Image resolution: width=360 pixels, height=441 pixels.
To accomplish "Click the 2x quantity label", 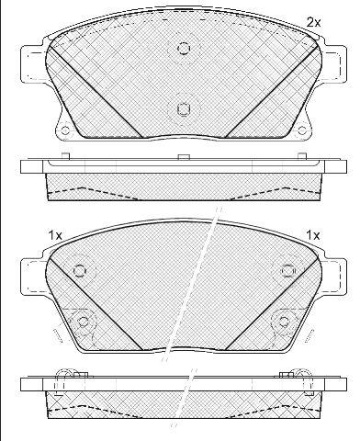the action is point(313,22).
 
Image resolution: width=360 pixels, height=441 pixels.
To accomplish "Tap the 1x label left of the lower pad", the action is point(55,235).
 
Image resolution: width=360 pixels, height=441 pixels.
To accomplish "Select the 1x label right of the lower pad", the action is point(313,235).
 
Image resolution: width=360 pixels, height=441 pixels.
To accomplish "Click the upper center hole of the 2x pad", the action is point(184,49).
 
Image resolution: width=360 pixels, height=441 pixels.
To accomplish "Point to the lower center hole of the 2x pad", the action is point(184,108).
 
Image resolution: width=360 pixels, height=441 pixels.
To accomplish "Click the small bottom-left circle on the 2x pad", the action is point(65,130).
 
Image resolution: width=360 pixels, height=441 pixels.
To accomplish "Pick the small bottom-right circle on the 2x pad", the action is point(302,130).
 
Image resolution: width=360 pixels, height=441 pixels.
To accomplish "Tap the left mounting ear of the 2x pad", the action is point(34,63).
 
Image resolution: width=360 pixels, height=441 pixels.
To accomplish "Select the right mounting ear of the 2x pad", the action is point(333,63).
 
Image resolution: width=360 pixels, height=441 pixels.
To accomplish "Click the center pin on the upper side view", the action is point(184,157).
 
